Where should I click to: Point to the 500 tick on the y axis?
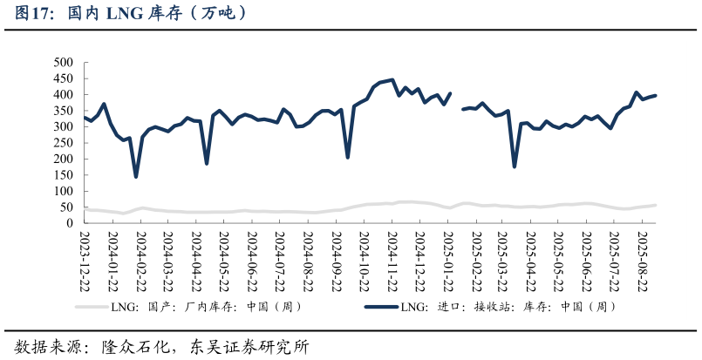[63, 63]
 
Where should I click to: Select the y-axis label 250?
[63, 143]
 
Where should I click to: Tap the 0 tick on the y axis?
[70, 223]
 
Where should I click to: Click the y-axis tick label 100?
[63, 191]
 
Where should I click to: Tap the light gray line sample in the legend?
[92, 307]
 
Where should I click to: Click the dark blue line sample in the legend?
[380, 307]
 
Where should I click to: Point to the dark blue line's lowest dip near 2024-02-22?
[136, 177]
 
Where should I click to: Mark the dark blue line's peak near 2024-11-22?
[392, 80]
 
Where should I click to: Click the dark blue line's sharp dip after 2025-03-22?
[515, 166]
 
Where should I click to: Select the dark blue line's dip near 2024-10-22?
[348, 157]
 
